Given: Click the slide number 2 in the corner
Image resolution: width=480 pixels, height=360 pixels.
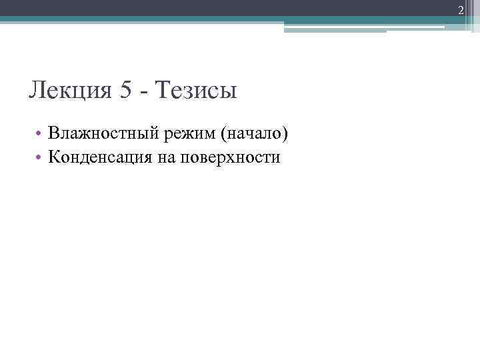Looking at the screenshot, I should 460,8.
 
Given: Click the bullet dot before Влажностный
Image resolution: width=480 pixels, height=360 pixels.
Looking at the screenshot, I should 41,135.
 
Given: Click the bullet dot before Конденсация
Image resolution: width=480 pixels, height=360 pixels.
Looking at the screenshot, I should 41,159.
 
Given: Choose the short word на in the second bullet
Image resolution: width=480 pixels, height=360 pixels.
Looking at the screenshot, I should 163,159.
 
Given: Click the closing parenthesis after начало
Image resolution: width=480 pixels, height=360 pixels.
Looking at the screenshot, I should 287,135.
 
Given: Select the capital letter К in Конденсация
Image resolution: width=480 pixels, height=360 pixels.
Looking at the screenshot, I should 54,158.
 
